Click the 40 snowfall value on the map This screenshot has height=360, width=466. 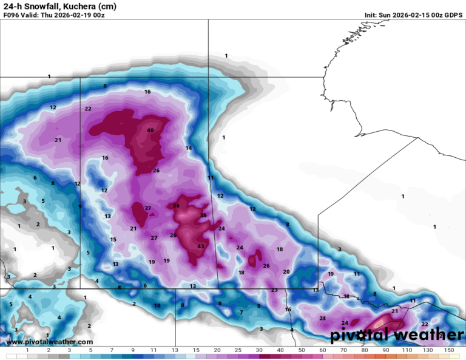pyautogui.click(x=150, y=131)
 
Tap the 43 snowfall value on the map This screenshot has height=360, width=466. pyautogui.click(x=201, y=246)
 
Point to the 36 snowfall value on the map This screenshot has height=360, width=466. pyautogui.click(x=177, y=206)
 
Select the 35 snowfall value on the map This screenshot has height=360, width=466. pyautogui.click(x=203, y=216)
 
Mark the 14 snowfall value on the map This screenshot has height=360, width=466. pyautogui.click(x=189, y=148)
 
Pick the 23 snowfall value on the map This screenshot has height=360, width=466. pyautogui.click(x=274, y=290)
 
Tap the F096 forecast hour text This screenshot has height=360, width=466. pyautogui.click(x=13, y=15)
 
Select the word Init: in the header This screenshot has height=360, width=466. pyautogui.click(x=373, y=15)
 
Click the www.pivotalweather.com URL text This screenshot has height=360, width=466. pyautogui.click(x=50, y=342)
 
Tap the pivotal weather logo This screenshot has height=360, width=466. pyautogui.click(x=397, y=335)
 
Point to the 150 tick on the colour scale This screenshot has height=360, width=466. pyautogui.click(x=448, y=350)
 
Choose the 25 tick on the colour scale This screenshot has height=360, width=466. pyautogui.click(x=238, y=350)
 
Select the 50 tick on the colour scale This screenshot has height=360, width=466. pyautogui.click(x=302, y=350)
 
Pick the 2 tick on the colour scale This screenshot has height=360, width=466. pyautogui.click(x=49, y=350)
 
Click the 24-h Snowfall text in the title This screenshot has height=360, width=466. pyautogui.click(x=32, y=6)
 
